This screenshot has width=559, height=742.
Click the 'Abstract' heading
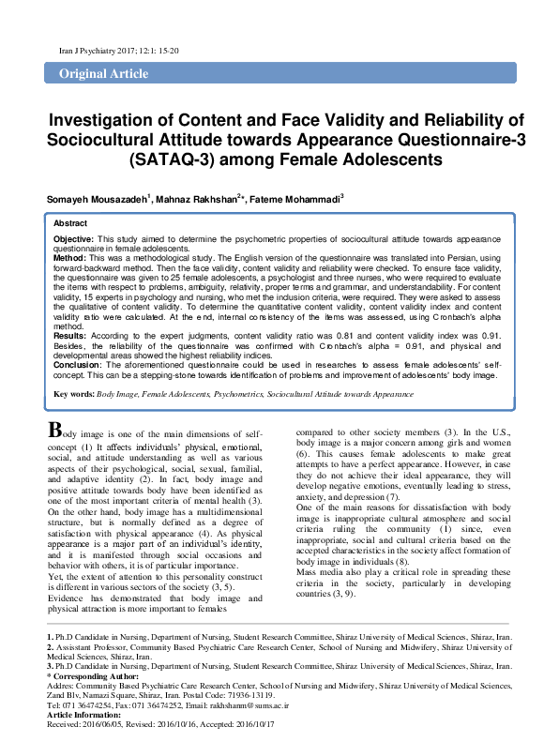click(70, 224)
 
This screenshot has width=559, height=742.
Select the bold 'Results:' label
click(70, 334)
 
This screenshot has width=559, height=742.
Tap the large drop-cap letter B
click(56, 430)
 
